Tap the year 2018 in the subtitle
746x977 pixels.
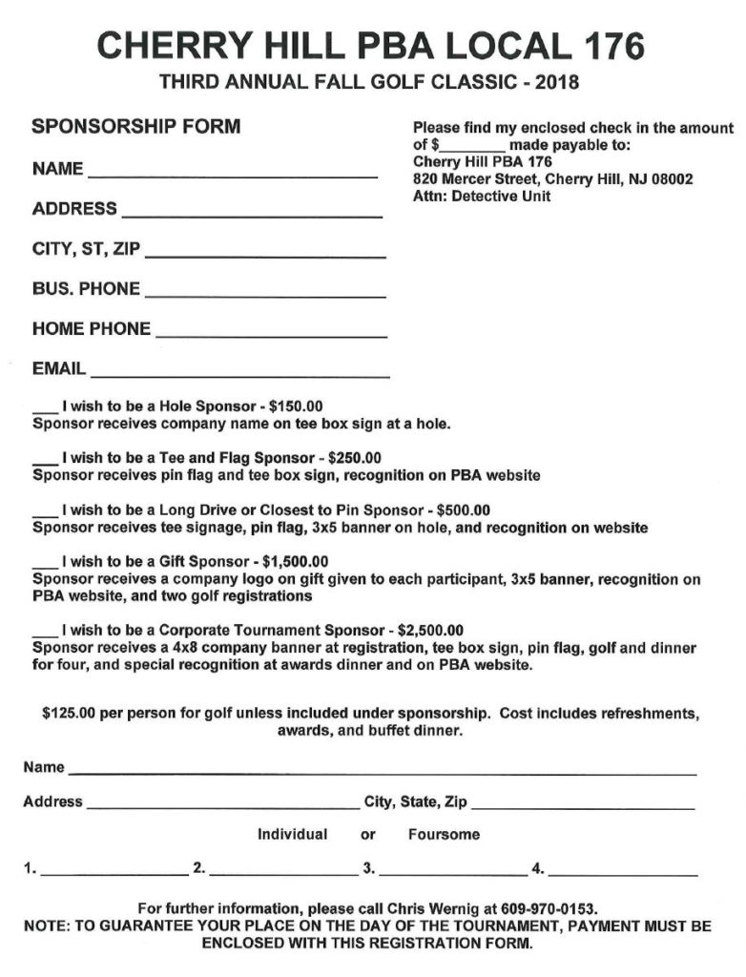pos(558,82)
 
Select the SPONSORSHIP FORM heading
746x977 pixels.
pos(136,126)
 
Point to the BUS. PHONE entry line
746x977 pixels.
pos(265,291)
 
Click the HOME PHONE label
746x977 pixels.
pos(92,329)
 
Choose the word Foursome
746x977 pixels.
pos(444,834)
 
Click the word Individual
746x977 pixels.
pos(293,834)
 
